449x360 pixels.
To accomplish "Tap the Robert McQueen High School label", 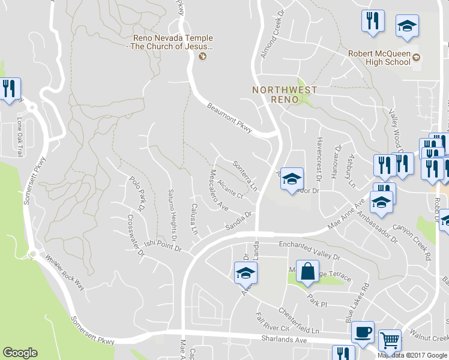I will (379, 58).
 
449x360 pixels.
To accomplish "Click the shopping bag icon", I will (307, 272).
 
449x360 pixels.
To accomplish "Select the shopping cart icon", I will (390, 341).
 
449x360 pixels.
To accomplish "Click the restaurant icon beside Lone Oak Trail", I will (9, 89).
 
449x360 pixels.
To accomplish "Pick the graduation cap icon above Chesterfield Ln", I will (245, 273).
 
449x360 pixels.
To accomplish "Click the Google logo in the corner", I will (20, 353).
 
